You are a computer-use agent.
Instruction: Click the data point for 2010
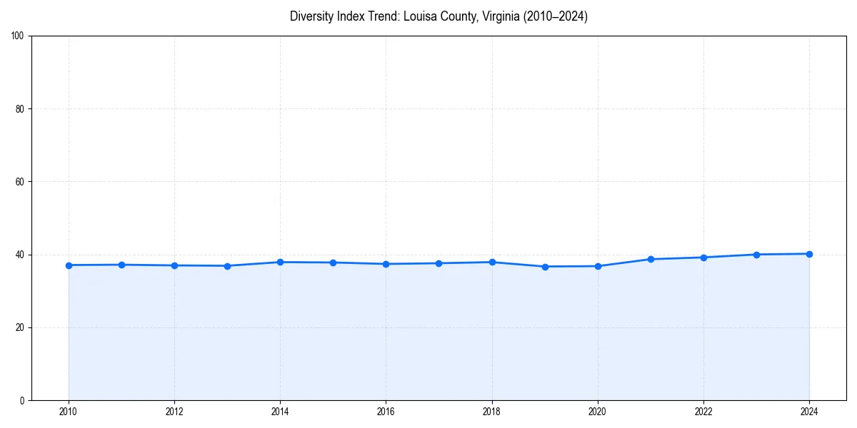pyautogui.click(x=69, y=265)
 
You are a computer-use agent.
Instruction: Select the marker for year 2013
pyautogui.click(x=227, y=266)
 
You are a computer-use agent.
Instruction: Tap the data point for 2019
pyautogui.click(x=545, y=267)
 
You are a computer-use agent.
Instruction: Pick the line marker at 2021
pyautogui.click(x=651, y=259)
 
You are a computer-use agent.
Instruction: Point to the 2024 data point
pyautogui.click(x=809, y=254)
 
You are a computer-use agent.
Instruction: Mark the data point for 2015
pyautogui.click(x=333, y=263)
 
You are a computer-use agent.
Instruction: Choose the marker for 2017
pyautogui.click(x=438, y=263)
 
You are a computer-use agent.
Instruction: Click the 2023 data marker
pyautogui.click(x=756, y=255)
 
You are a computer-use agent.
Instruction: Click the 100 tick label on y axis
pyautogui.click(x=18, y=36)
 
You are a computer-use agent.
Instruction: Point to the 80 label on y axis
pyautogui.click(x=20, y=109)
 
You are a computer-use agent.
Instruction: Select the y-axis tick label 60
pyautogui.click(x=20, y=182)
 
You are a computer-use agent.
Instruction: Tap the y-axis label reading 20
pyautogui.click(x=20, y=327)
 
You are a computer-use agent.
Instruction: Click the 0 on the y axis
pyautogui.click(x=22, y=400)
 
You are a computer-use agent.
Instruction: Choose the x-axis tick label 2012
pyautogui.click(x=174, y=412)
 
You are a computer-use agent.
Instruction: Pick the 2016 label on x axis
pyautogui.click(x=386, y=412)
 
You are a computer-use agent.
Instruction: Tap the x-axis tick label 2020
pyautogui.click(x=598, y=412)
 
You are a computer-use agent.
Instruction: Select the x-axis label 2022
pyautogui.click(x=703, y=412)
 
